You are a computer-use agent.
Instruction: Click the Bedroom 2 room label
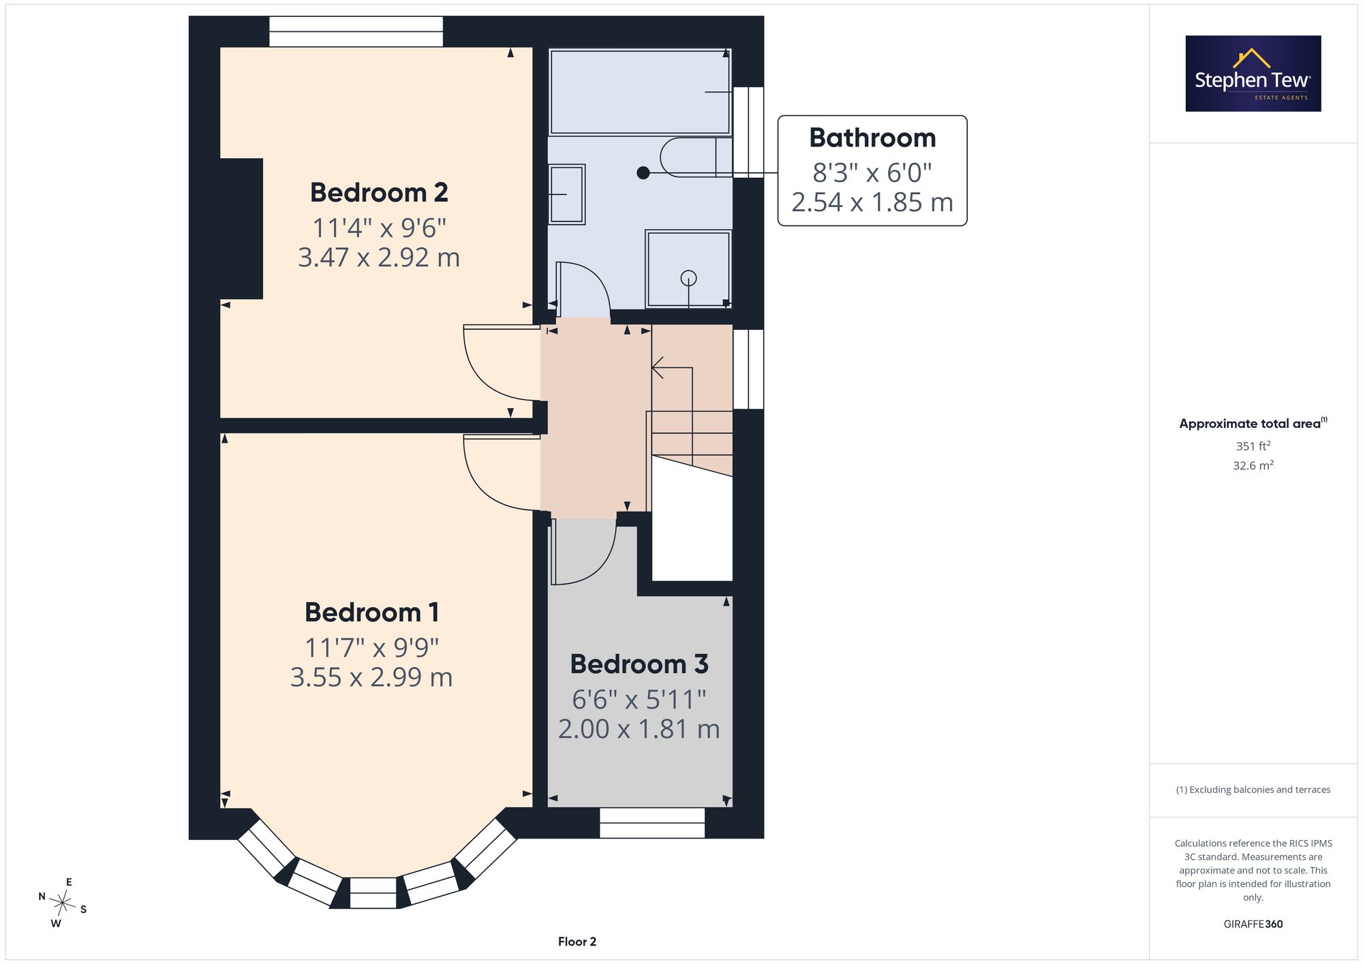point(379,193)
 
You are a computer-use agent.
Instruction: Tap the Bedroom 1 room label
point(371,612)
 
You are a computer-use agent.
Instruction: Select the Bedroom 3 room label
point(639,664)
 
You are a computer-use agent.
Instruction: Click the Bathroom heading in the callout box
point(872,138)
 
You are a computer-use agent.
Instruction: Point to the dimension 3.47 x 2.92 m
point(379,258)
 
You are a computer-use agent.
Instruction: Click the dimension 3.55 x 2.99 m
point(371,677)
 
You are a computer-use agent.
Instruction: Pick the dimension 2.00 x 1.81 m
point(639,729)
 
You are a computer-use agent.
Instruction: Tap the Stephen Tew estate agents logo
point(1253,74)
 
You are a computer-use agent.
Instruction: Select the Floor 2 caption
point(577,942)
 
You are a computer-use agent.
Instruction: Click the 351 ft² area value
point(1253,446)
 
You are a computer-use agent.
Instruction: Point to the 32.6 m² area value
point(1253,465)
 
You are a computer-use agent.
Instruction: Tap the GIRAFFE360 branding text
point(1253,924)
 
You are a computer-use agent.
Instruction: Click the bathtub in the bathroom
point(639,91)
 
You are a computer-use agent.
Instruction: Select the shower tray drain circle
point(689,278)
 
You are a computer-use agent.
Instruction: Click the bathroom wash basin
point(567,194)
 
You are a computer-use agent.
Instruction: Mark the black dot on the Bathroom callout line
point(643,173)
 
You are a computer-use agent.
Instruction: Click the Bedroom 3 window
point(652,823)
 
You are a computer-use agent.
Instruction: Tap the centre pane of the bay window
point(373,892)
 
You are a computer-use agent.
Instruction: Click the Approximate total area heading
point(1253,423)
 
